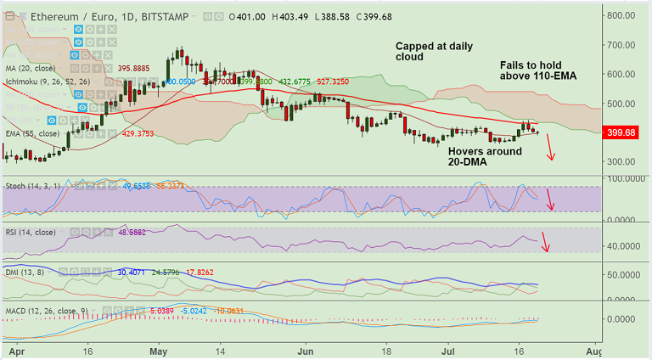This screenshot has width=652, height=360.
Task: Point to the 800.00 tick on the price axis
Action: point(622,15)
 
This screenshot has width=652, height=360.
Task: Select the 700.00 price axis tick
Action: point(622,45)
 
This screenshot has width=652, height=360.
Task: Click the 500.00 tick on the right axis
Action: point(622,104)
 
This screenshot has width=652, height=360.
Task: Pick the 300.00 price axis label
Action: point(622,161)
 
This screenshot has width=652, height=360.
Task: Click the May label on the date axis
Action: point(159,350)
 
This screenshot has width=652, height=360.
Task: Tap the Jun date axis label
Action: point(306,350)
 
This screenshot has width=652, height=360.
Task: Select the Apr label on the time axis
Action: point(13,350)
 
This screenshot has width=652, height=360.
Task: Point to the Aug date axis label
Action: point(593,350)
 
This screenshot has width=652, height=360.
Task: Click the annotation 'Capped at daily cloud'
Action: point(435,52)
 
